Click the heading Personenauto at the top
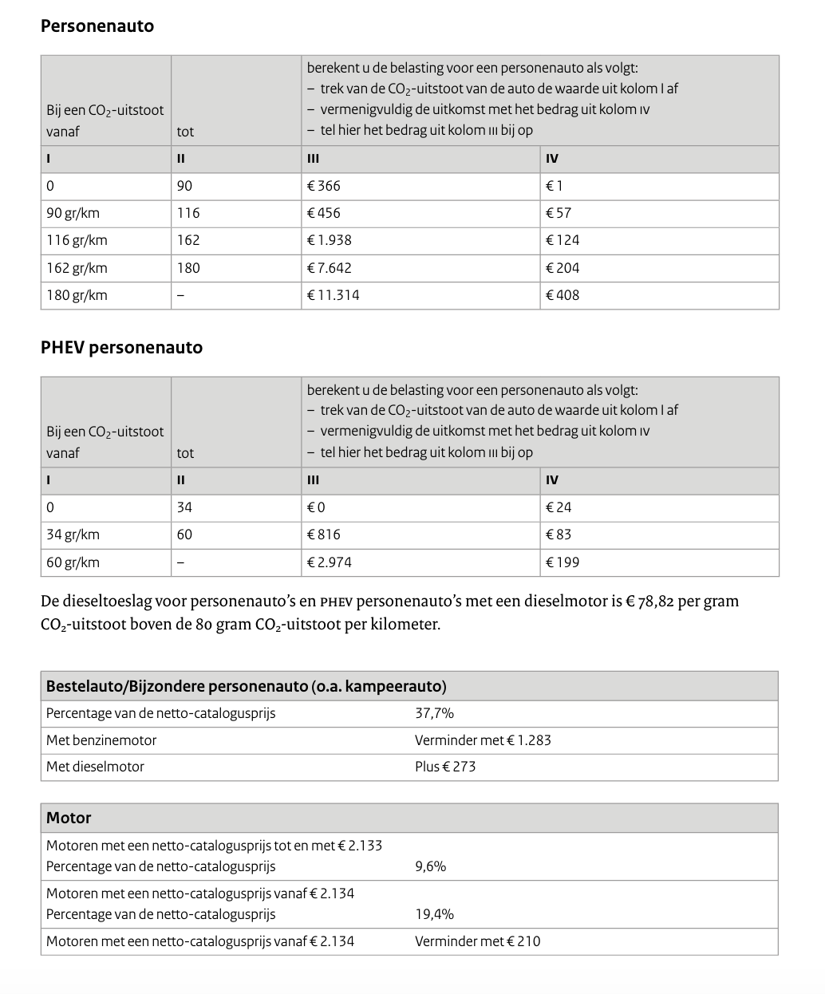[x=97, y=26]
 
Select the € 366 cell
[x=324, y=186]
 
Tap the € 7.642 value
[x=330, y=268]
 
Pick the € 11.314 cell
[x=334, y=295]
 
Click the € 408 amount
[x=562, y=295]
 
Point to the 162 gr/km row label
[x=77, y=268]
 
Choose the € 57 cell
[x=559, y=213]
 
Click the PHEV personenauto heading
[x=121, y=348]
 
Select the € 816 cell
[x=324, y=534]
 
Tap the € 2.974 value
[x=330, y=562]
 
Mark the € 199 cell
[x=562, y=562]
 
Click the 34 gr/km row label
[x=73, y=534]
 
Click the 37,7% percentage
[x=434, y=713]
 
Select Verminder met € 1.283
[x=483, y=740]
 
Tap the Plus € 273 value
[x=445, y=767]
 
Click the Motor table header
[x=69, y=818]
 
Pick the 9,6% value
[x=430, y=866]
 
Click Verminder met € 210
[x=477, y=941]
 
